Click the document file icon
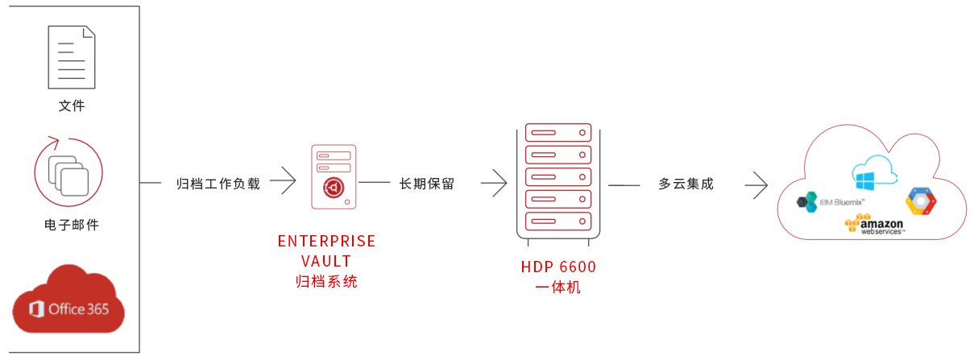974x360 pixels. [71, 57]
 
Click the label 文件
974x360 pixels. [71, 106]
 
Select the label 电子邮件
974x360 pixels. [71, 225]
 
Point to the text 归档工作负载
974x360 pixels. [219, 184]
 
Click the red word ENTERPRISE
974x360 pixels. [326, 242]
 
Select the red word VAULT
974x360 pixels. [326, 261]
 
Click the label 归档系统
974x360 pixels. [326, 281]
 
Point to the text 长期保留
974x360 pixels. [427, 184]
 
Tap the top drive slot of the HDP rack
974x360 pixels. [558, 132]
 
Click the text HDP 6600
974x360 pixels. [558, 267]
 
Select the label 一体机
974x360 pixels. [558, 287]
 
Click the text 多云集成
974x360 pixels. [686, 184]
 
